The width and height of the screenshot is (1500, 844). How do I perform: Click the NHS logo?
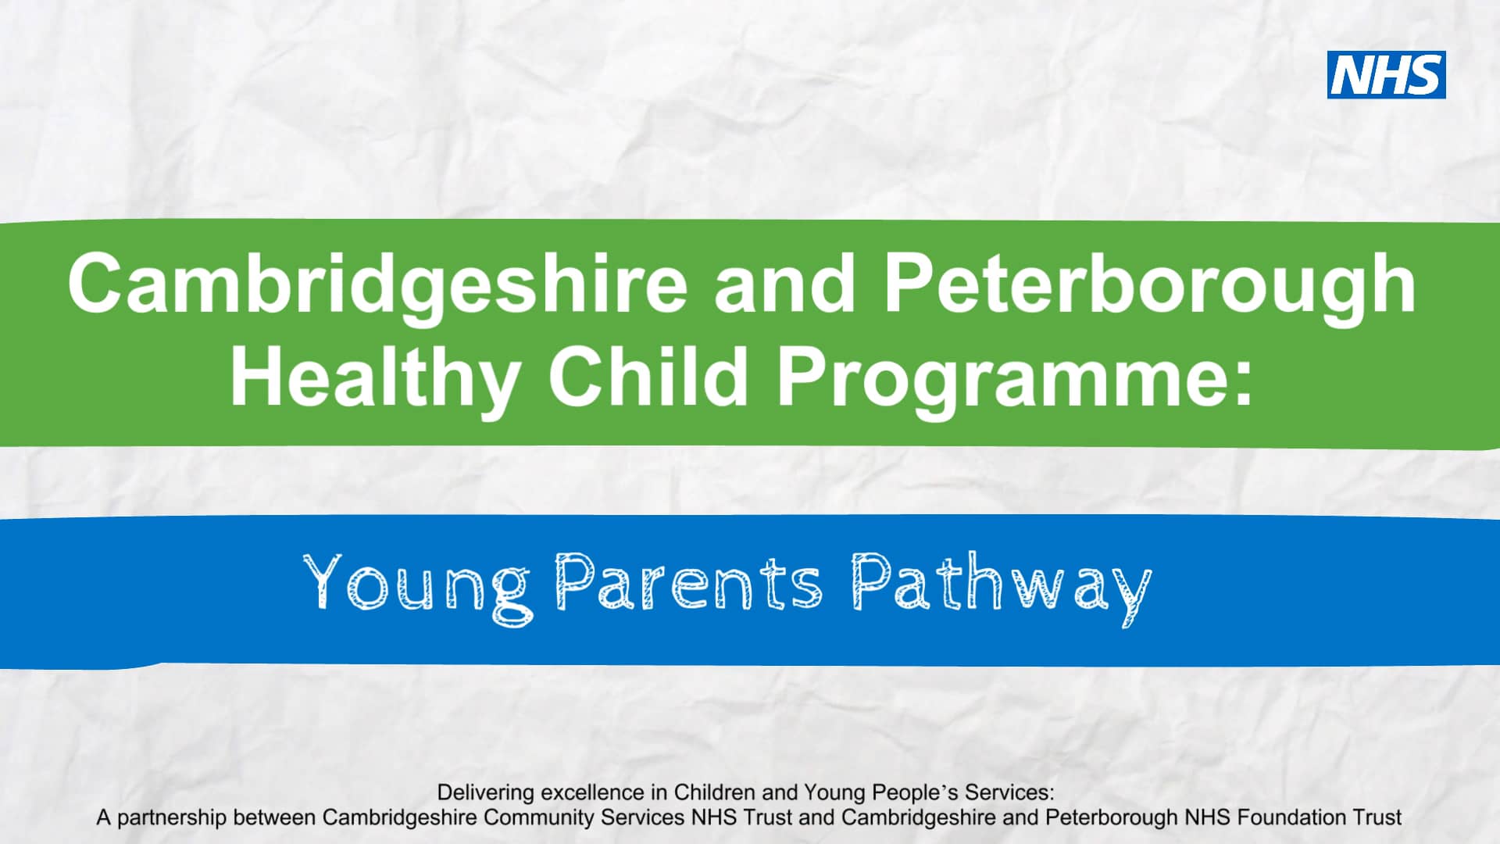(x=1386, y=75)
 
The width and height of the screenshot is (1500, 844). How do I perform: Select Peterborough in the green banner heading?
(x=1149, y=284)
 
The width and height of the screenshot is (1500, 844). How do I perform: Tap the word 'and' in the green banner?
(x=784, y=284)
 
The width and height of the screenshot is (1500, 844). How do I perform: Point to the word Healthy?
(x=376, y=378)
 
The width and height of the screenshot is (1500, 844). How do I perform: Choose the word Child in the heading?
(x=648, y=378)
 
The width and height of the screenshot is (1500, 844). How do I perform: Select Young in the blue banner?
(x=417, y=585)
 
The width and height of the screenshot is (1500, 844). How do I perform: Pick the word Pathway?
(x=1001, y=585)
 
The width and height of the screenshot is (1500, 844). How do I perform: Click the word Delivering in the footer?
(x=484, y=792)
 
